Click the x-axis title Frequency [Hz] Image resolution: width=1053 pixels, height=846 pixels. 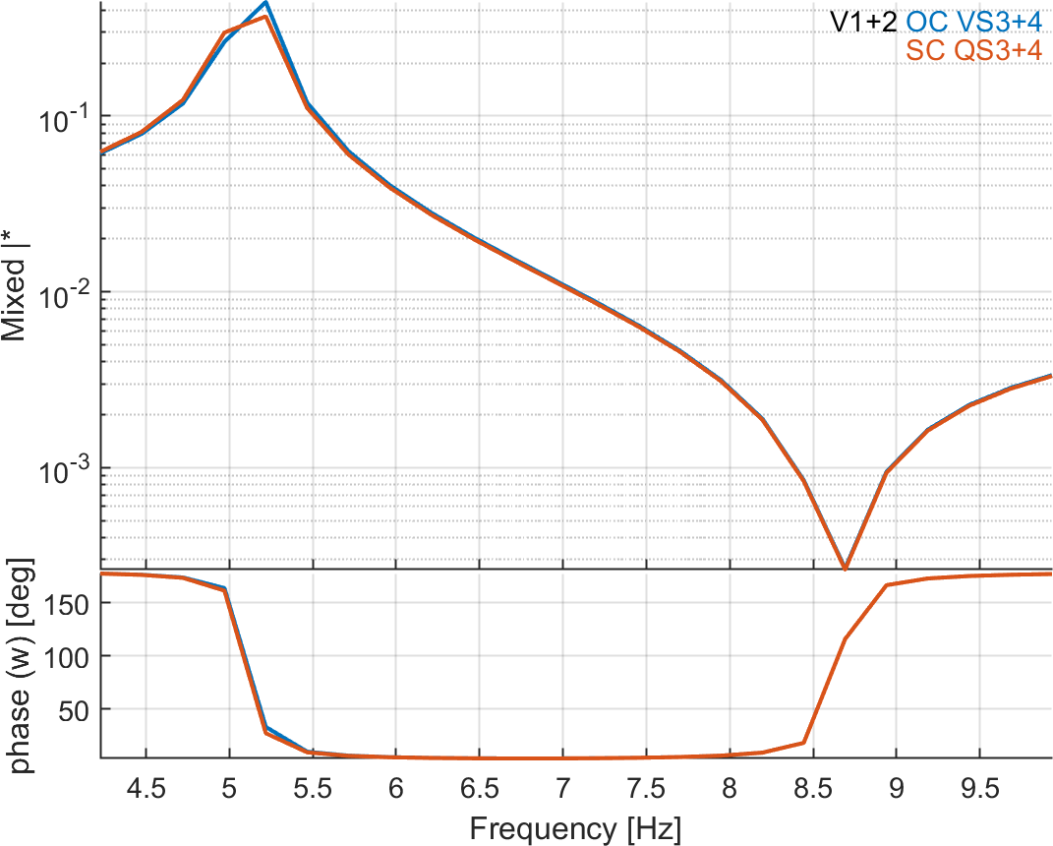coord(574,827)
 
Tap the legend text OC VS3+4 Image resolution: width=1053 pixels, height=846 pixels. coord(973,22)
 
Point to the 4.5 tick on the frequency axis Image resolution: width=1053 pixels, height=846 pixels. coord(146,788)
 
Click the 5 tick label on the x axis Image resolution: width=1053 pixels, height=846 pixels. coord(229,788)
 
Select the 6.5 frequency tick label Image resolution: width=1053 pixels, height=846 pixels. coord(479,788)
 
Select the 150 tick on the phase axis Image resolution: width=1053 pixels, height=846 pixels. coord(67,603)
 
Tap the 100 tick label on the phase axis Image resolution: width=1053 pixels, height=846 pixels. coord(67,656)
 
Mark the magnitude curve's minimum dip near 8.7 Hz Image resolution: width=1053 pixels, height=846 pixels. coord(845,568)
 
